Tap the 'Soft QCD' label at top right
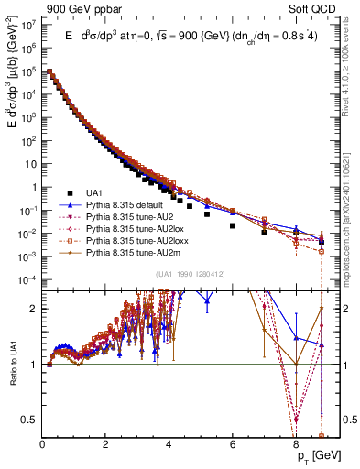[x=312, y=8]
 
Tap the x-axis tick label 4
[x=169, y=444]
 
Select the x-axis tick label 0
[x=43, y=444]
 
